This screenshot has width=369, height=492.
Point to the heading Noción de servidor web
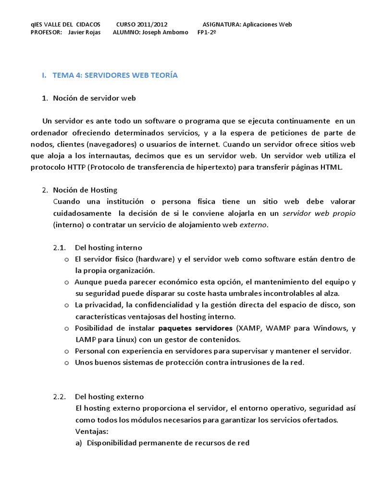tap(95, 98)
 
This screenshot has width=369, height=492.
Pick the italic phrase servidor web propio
tap(319, 213)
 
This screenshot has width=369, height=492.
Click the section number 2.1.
tap(59, 247)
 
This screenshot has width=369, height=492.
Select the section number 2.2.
tap(59, 397)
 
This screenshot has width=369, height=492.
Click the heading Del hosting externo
tap(109, 397)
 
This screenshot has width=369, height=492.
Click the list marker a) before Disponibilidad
tap(79, 443)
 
